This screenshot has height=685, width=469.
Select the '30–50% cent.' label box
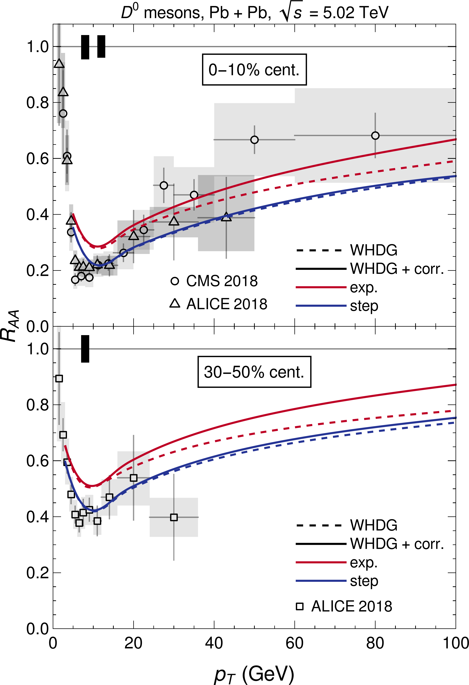(254, 372)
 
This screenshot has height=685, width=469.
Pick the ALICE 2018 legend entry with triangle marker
(218, 304)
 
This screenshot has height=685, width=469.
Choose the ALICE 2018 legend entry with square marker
(344, 606)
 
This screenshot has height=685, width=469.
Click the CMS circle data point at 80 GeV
(375, 136)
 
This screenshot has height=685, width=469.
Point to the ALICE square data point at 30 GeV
(174, 517)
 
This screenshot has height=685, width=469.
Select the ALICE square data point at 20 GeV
(134, 478)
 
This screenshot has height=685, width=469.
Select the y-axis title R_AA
(11, 326)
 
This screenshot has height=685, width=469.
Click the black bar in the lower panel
(85, 349)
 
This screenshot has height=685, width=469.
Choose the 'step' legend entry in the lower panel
(337, 581)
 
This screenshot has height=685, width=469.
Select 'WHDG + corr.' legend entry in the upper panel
(370, 269)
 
